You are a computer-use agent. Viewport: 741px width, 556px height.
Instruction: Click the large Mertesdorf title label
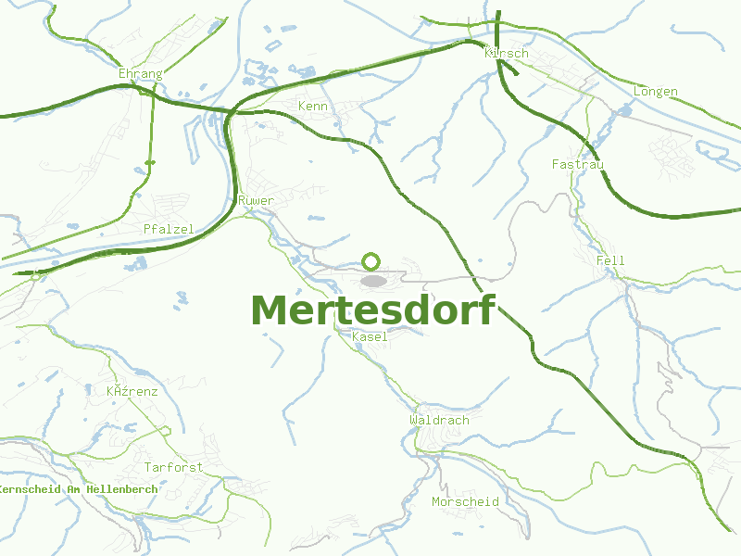(372, 310)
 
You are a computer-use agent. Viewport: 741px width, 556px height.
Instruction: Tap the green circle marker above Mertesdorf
(371, 261)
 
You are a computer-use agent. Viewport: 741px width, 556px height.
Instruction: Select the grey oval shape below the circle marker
(373, 280)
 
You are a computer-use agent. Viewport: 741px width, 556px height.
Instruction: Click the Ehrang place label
(141, 73)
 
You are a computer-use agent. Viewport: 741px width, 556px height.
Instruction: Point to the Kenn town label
(313, 107)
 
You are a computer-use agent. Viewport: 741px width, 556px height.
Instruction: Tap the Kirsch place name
(507, 53)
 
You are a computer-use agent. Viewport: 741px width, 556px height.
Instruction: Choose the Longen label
(656, 92)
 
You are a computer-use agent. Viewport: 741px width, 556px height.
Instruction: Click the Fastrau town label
(578, 164)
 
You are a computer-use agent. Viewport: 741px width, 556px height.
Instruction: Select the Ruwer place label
(256, 200)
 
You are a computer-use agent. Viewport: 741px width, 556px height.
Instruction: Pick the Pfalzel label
(167, 228)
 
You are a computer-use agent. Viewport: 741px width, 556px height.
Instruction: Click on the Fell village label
(611, 260)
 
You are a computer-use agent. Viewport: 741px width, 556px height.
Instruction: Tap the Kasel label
(370, 337)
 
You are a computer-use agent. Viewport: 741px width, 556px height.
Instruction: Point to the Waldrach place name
(440, 420)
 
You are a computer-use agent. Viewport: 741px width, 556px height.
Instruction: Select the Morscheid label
(466, 501)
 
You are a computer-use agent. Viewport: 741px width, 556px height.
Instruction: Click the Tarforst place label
(173, 467)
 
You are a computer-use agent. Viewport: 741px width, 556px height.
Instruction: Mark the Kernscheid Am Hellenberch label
(79, 488)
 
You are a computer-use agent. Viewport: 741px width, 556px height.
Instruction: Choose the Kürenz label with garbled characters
(132, 391)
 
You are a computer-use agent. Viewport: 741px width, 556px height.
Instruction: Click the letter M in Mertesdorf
(268, 311)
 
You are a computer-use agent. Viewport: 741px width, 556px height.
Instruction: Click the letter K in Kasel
(356, 337)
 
